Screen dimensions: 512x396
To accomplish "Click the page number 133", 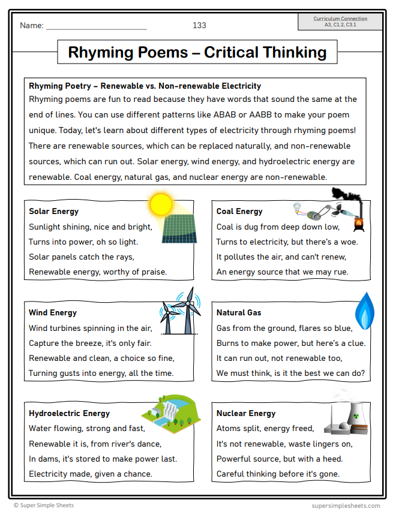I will point(199,25).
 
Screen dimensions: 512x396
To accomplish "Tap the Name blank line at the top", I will point(96,28).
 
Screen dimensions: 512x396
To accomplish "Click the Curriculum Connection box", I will point(340,22).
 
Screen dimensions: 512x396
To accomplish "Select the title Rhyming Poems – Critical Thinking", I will point(197,52).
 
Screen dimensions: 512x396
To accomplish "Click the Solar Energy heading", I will point(53,211).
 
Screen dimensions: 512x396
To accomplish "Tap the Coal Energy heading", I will point(239,211).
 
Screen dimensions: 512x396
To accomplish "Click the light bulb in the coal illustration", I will point(296,207).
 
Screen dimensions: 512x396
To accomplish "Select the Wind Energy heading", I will point(53,312).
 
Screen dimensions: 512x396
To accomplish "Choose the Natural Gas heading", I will point(239,312).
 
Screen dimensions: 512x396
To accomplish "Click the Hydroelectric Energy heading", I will point(69,413).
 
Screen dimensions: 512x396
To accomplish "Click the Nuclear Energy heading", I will point(246,413).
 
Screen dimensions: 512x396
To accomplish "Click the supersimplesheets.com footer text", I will point(346,505).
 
